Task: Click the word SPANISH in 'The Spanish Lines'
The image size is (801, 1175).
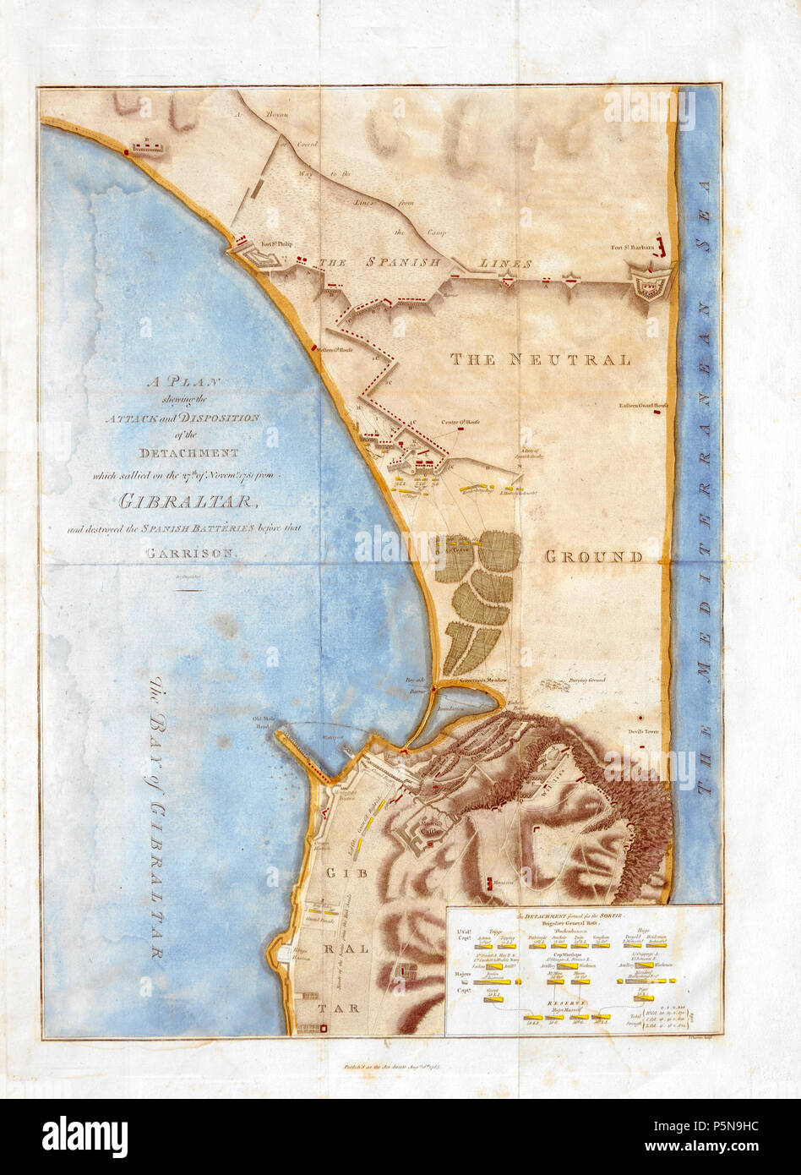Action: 403,263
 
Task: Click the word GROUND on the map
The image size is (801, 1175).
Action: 592,557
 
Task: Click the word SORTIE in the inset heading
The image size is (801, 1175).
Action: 623,915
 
